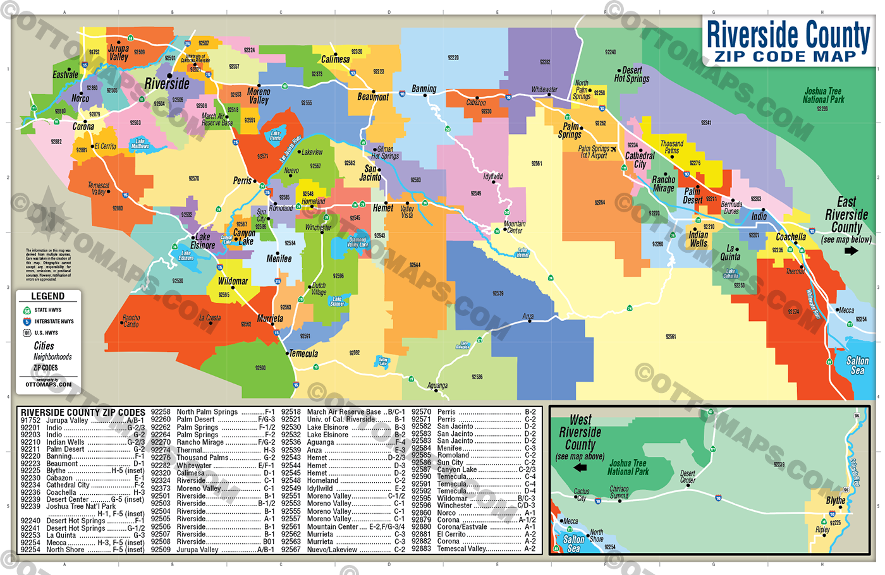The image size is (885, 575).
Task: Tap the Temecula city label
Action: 303,354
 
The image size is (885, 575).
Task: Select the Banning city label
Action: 424,89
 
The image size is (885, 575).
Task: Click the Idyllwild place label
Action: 492,177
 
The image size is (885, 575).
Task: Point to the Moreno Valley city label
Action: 259,96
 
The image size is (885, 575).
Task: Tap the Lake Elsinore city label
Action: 203,241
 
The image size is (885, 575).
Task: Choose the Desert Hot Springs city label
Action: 632,75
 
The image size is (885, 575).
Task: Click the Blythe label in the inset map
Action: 835,500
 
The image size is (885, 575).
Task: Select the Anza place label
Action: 528,317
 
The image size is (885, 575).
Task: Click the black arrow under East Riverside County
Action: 851,251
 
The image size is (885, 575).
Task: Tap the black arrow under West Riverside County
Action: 579,468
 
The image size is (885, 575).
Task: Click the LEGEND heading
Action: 48,296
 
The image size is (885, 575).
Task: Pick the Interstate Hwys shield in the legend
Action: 27,322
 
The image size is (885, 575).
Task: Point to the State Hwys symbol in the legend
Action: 27,310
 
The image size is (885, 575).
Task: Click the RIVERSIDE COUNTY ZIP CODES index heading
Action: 83,413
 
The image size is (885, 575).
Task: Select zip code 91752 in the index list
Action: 30,421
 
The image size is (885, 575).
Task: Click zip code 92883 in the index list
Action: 421,548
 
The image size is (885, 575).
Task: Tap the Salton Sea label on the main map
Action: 857,365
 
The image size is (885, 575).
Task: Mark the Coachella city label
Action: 791,237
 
